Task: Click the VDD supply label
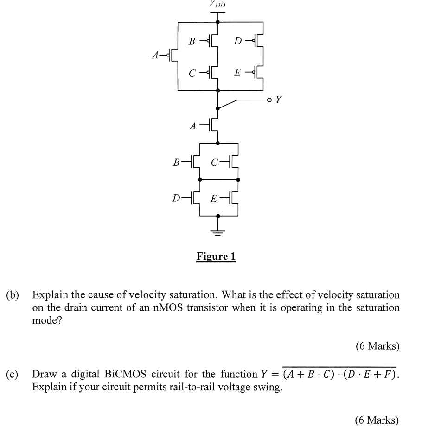point(218,4)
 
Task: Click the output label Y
point(278,100)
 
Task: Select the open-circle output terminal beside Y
point(269,100)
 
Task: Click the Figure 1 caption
point(216,256)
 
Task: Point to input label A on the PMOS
point(156,56)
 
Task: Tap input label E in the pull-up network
point(238,72)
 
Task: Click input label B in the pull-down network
point(176,163)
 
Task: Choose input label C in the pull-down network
point(214,163)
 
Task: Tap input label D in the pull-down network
point(176,199)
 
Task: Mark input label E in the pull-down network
point(214,199)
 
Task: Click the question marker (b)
point(13,295)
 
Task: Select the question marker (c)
point(13,374)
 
